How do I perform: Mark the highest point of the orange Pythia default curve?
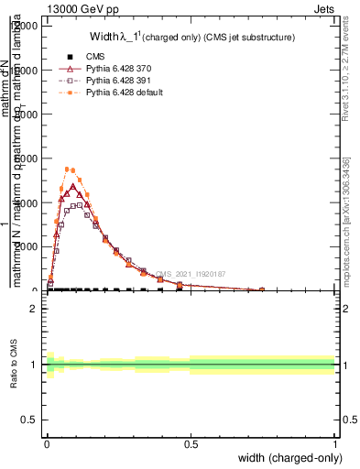click(x=68, y=169)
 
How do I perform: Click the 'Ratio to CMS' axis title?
click(x=14, y=365)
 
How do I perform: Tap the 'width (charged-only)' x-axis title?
click(x=284, y=457)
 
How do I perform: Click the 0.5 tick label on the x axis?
click(x=191, y=442)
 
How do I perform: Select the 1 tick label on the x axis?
click(x=335, y=442)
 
